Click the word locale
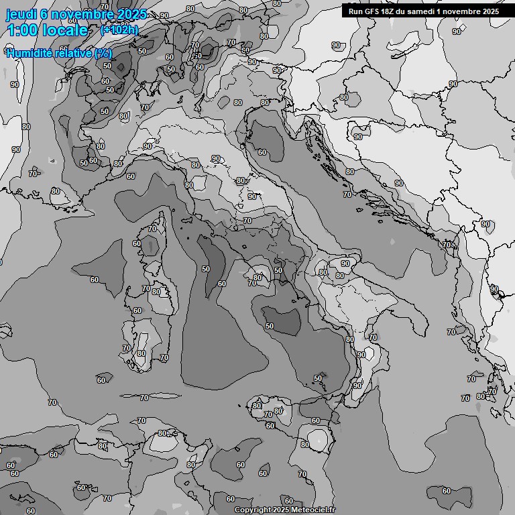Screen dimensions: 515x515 (65, 31)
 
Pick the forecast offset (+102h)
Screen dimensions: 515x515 (119, 30)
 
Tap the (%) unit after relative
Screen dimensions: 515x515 (103, 53)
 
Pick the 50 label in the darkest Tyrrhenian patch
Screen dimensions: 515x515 (270, 326)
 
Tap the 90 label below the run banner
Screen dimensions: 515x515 (457, 32)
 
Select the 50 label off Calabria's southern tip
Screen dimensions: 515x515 (318, 378)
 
